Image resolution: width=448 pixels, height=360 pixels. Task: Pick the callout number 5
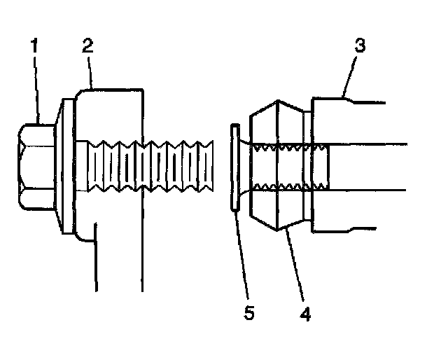[x=250, y=310]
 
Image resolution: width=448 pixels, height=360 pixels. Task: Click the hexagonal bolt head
[x=35, y=167]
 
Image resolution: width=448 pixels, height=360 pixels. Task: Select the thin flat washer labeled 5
[x=234, y=167]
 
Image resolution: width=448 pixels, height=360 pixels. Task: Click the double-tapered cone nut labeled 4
[x=276, y=167]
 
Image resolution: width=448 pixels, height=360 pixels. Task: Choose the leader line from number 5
[x=242, y=252]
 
